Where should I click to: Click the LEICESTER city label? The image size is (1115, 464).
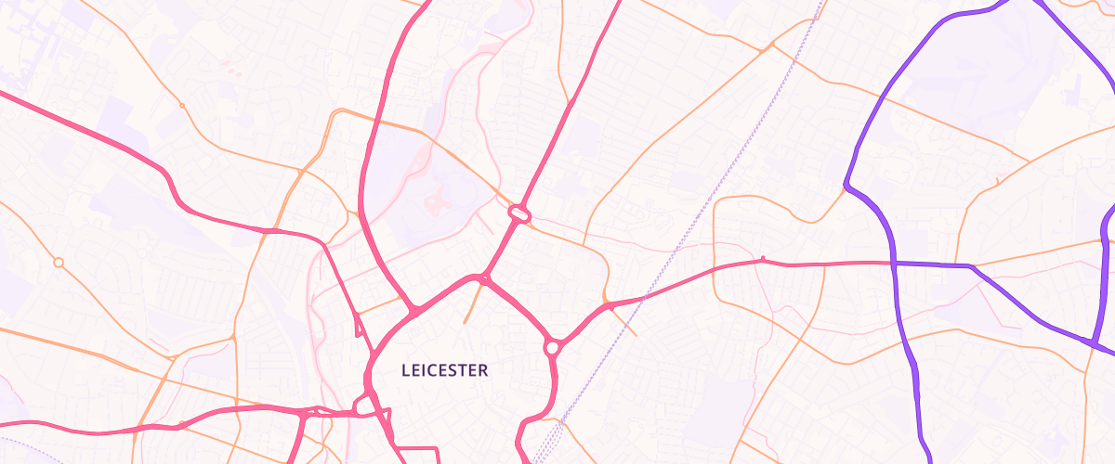[444, 370]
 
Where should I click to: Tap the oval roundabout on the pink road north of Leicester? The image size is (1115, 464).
[518, 214]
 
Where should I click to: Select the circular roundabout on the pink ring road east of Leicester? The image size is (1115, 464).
[552, 347]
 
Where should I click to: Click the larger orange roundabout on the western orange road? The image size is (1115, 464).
[59, 263]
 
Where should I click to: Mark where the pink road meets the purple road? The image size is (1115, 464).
[894, 264]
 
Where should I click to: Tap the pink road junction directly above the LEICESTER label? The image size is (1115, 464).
[483, 277]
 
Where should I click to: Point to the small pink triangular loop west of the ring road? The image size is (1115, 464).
[358, 325]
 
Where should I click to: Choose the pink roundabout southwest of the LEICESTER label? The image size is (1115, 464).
[361, 406]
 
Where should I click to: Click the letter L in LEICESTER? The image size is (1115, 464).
[405, 370]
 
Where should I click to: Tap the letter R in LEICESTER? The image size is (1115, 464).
[482, 370]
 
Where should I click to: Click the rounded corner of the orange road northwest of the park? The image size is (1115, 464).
[335, 113]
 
